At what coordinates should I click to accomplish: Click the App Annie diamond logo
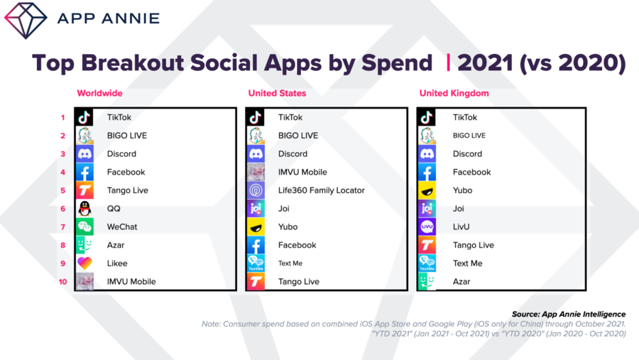click(26, 21)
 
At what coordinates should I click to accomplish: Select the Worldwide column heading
click(100, 93)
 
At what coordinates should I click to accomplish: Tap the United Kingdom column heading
click(454, 93)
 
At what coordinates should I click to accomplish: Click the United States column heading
click(277, 93)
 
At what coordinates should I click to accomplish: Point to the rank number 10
click(62, 282)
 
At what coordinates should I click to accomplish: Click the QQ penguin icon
click(84, 208)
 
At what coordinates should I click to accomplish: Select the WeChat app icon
click(84, 227)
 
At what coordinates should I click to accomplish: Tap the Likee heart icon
click(84, 263)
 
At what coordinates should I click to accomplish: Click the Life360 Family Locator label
click(321, 190)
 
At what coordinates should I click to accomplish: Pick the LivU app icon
click(427, 227)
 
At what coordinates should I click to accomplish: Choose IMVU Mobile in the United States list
click(302, 172)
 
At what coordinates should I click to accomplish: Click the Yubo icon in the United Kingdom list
click(427, 190)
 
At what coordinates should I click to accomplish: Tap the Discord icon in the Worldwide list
click(84, 153)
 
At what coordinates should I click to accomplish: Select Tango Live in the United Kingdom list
click(473, 245)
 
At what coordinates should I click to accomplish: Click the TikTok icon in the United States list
click(256, 117)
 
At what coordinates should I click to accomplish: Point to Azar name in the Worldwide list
click(116, 245)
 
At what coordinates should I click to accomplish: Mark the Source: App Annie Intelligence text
click(569, 314)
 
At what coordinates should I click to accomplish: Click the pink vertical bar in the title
click(448, 62)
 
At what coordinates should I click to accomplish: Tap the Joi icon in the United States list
click(256, 208)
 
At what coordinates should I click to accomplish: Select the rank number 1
click(62, 117)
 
